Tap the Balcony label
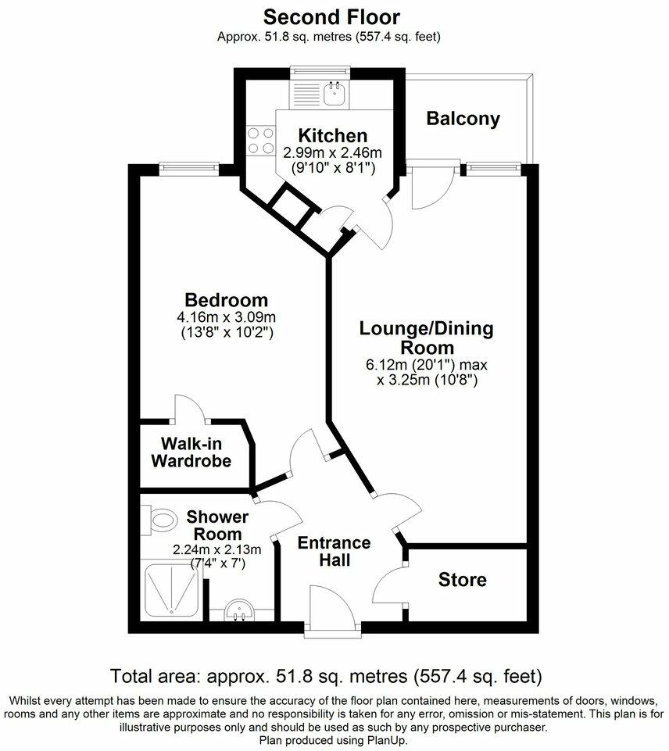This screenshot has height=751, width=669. click(x=463, y=119)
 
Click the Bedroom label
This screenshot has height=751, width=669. click(x=226, y=300)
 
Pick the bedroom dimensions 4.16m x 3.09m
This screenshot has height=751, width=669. click(x=226, y=318)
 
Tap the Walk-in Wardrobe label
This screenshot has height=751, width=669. click(x=191, y=452)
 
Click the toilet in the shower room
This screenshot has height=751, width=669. click(x=161, y=518)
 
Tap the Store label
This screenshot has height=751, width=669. click(x=462, y=580)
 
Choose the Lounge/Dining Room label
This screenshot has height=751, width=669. click(x=426, y=338)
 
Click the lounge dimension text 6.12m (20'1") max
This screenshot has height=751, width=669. click(x=426, y=365)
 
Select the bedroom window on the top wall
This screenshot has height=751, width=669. click(x=187, y=166)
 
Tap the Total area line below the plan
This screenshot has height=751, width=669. click(x=327, y=674)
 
